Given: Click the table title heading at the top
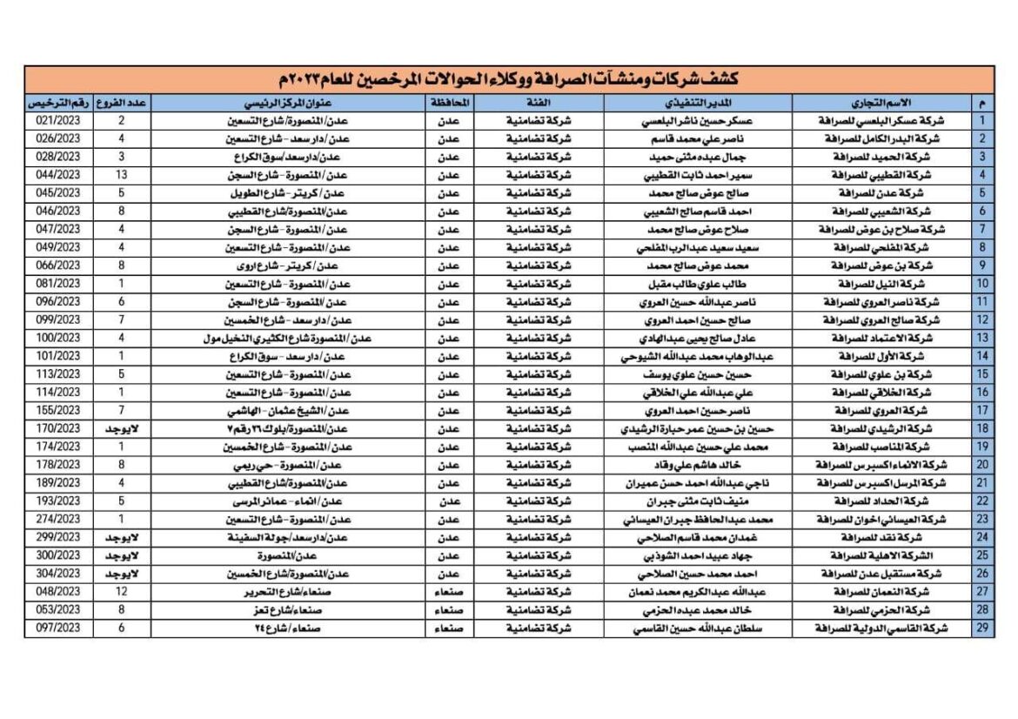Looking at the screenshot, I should point(508,80).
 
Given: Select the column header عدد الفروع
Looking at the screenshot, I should point(121,103).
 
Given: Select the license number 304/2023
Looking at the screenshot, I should point(58,574).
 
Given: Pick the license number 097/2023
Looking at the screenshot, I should point(58,628).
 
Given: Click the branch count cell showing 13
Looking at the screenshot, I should point(121,175).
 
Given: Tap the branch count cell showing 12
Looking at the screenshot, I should point(121,592).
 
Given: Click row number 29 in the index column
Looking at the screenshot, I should point(983,628).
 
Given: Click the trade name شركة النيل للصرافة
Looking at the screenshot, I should point(894,284).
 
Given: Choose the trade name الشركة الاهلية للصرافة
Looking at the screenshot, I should point(894,555).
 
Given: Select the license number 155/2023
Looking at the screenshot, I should point(58,410).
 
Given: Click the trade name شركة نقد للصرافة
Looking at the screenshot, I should point(894,537).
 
